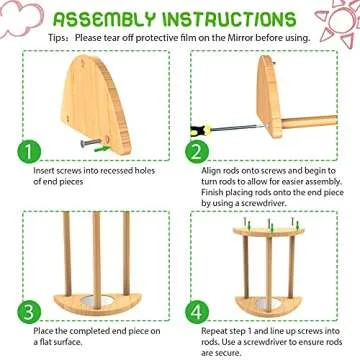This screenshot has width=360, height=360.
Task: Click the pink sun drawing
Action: click(x=336, y=22)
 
